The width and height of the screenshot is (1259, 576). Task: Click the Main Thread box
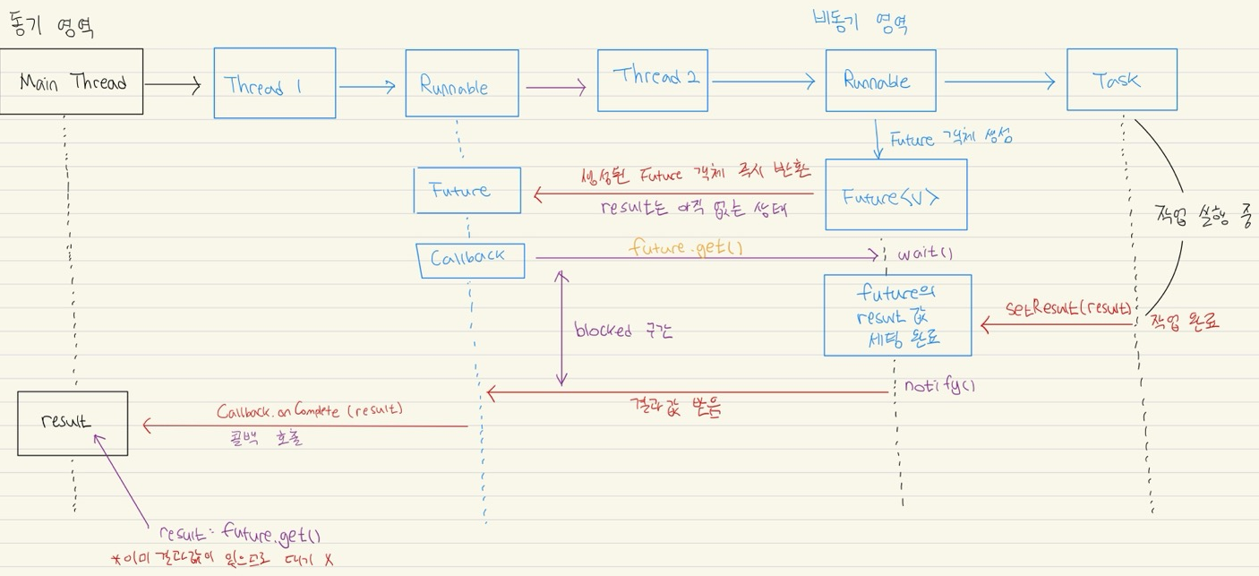72,82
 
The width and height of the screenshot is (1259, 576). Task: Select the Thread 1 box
274,83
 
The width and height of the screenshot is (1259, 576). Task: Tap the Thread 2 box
652,80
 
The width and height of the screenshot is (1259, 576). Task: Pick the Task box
1121,80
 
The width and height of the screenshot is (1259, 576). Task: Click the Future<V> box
895,195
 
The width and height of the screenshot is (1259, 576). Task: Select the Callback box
470,259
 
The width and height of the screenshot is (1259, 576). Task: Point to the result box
73,423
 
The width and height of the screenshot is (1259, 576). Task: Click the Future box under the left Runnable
467,190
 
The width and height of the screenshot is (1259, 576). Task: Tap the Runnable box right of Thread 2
880,81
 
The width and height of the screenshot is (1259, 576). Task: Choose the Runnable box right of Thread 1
461,84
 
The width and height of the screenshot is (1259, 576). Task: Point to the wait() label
925,254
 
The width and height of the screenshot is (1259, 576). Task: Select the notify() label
938,386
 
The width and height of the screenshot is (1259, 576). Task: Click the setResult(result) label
1067,308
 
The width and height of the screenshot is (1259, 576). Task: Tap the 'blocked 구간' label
623,330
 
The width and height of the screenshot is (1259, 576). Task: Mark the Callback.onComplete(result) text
310,411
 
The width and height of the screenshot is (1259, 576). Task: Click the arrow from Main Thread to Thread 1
173,85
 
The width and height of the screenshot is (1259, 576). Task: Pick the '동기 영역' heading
52,27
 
